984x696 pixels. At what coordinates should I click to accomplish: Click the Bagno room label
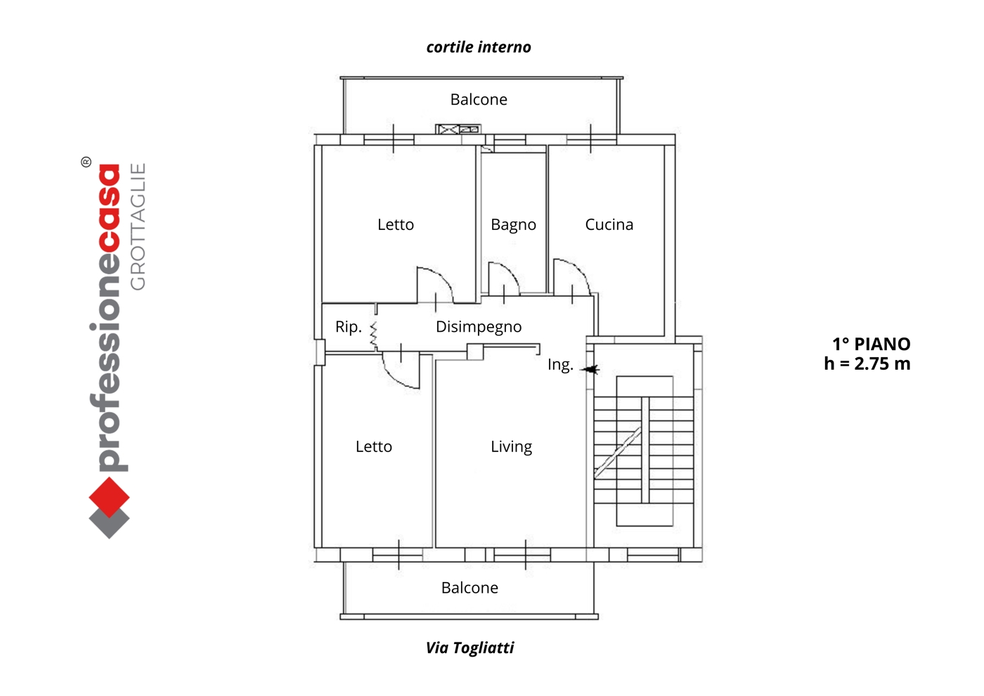coord(513,225)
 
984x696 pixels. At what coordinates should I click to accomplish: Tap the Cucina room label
coord(609,224)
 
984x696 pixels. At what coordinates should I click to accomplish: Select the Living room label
coord(512,447)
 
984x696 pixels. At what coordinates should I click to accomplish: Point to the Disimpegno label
coord(479,327)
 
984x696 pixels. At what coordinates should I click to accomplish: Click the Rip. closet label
coord(349,327)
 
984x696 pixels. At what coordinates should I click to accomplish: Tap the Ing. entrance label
coord(560,365)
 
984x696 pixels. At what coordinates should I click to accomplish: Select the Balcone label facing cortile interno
coord(479,100)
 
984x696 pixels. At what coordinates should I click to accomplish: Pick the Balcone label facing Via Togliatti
coord(470,588)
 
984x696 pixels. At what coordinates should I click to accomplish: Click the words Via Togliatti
coord(470,647)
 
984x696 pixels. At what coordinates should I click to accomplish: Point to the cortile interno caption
coord(479,47)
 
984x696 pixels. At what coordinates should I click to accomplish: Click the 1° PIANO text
coord(872,344)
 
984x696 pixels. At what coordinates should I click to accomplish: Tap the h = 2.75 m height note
coord(867,364)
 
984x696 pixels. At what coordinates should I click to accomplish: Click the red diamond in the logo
coord(109,498)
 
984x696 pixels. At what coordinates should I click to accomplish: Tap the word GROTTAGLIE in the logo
coord(138,226)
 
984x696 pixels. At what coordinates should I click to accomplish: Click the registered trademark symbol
coord(86,162)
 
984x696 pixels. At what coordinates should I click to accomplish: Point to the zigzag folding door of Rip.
coord(374,336)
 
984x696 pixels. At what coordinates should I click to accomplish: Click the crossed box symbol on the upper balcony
coord(448,129)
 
